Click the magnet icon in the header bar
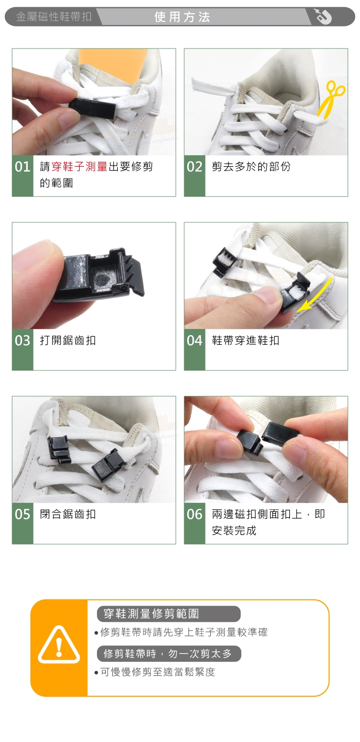tap(323, 16)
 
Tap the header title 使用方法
tap(182, 17)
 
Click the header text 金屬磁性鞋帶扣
tap(54, 16)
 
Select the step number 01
tap(23, 167)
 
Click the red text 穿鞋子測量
tap(79, 167)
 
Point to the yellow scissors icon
tap(331, 99)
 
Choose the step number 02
tap(194, 167)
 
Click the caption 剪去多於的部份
tap(251, 167)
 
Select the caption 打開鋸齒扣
tap(68, 341)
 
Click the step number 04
tap(194, 341)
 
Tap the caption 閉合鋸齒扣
tap(68, 514)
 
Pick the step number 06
tap(194, 514)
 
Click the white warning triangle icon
tap(59, 645)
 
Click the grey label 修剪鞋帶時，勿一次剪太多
tap(169, 654)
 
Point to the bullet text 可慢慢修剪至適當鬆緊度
tap(157, 672)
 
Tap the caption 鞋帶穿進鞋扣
tap(245, 341)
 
